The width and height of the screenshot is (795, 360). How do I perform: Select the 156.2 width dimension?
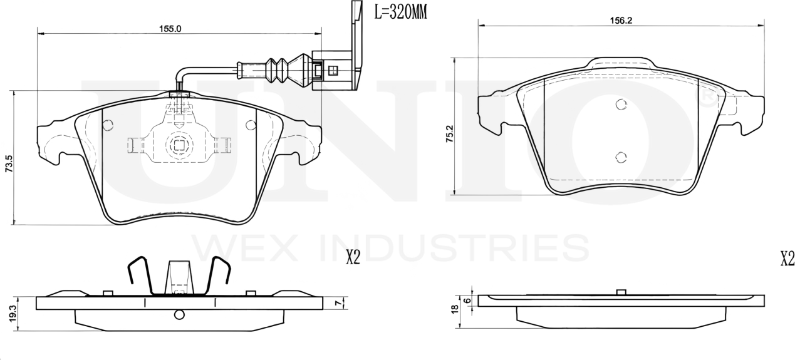[620, 20]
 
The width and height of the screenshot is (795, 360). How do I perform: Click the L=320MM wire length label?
[400, 12]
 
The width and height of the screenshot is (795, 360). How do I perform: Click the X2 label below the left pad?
[353, 258]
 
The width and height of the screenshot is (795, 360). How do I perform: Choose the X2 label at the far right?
[787, 258]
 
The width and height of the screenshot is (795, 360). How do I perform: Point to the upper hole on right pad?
[620, 105]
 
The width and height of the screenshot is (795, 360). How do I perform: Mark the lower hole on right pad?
[620, 158]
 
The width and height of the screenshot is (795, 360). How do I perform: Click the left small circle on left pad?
[108, 125]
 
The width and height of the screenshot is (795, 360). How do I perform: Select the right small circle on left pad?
[251, 125]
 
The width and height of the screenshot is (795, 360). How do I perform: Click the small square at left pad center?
[179, 146]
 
